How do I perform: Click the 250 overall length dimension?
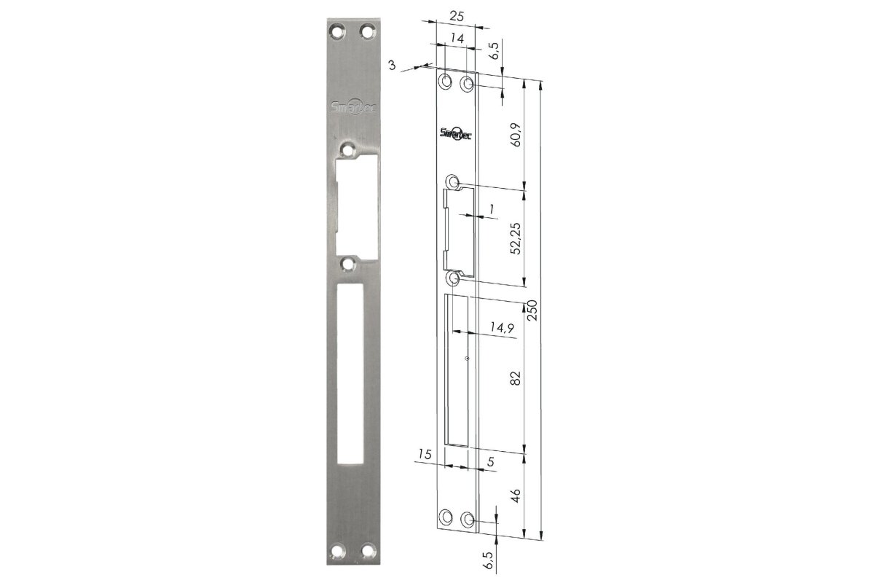click(x=532, y=310)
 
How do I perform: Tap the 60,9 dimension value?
click(x=516, y=135)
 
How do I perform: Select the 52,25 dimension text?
click(x=516, y=238)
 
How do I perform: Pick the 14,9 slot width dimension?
click(x=502, y=327)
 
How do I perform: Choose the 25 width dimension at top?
click(x=457, y=17)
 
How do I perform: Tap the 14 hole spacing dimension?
click(x=457, y=39)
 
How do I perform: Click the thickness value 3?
click(x=392, y=65)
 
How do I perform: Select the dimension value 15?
click(x=425, y=454)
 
